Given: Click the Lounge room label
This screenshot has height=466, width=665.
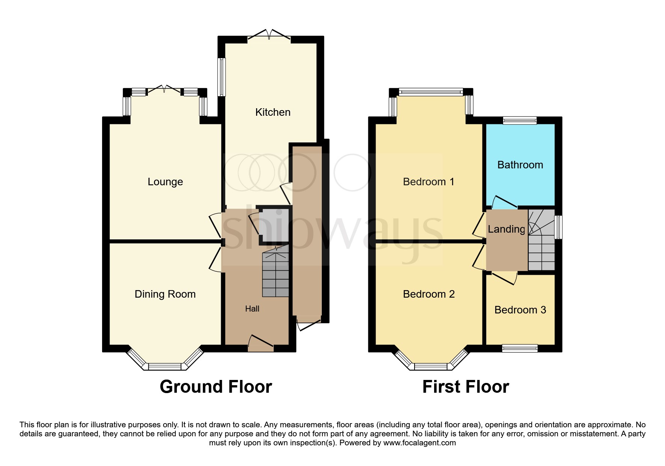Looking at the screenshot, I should (165, 182).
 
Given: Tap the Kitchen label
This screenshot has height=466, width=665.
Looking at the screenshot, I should (273, 112).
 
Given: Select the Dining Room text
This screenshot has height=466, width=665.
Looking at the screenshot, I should (165, 294).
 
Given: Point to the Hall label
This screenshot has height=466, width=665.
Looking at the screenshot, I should (252, 309).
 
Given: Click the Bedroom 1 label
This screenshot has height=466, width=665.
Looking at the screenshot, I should (428, 182).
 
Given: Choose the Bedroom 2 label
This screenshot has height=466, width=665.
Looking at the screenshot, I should (428, 294).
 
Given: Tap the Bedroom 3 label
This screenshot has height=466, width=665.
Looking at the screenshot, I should (520, 310).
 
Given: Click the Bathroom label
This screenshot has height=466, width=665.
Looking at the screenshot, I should (520, 165).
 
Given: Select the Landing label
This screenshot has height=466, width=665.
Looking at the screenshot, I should (506, 229).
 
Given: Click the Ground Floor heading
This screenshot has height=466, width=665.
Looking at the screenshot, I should (216, 387).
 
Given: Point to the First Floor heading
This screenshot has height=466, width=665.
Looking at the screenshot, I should (466, 387).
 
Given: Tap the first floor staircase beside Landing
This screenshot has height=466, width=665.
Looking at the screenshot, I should (541, 241).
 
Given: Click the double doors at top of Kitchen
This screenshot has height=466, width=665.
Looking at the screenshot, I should (269, 36).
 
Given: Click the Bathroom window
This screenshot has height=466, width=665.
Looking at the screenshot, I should (520, 120).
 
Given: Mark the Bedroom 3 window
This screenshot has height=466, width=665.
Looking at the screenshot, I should (520, 348).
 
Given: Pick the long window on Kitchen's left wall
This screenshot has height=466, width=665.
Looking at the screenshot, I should (222, 77).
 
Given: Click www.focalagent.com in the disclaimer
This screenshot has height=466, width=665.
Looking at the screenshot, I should (419, 443).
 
